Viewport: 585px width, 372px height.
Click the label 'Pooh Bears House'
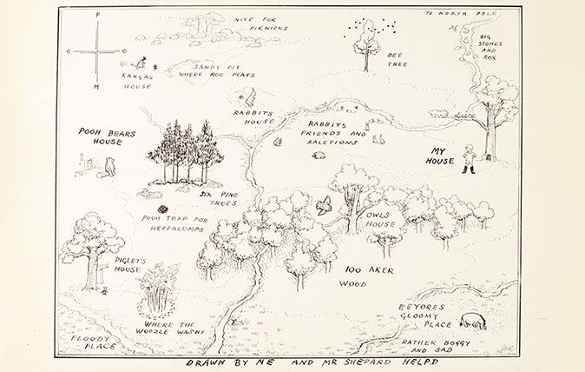click(x=101, y=136)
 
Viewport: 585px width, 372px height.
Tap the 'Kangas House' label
click(x=137, y=82)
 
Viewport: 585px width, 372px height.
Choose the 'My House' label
click(x=444, y=156)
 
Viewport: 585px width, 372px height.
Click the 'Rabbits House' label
click(x=253, y=117)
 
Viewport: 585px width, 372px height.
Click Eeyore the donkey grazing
click(x=474, y=321)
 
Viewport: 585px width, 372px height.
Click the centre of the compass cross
click(x=97, y=52)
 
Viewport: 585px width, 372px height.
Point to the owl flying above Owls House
click(x=324, y=206)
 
